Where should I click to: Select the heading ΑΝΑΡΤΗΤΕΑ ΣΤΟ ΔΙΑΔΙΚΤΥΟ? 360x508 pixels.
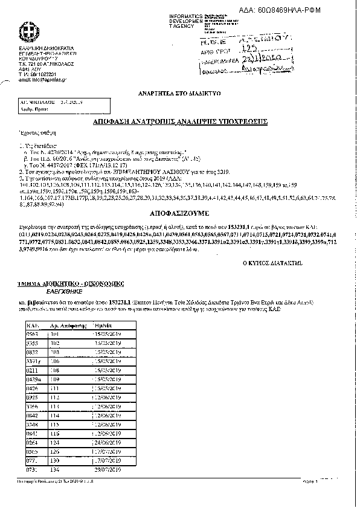click(x=180, y=94)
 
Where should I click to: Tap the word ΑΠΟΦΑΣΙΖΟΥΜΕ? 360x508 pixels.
click(x=179, y=214)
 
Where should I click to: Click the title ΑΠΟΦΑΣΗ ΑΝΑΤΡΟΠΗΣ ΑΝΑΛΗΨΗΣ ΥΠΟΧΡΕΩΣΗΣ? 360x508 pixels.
click(x=179, y=121)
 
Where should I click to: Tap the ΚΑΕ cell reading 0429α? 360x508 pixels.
click(x=34, y=378)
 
